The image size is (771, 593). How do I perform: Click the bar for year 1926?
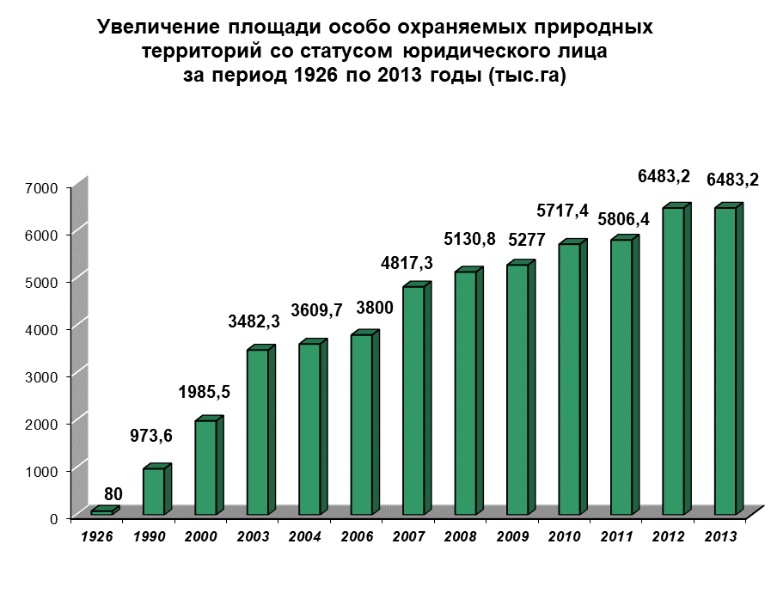[x=105, y=510]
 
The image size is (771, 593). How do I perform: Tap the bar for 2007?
[x=417, y=398]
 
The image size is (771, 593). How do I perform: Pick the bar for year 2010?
[x=572, y=377]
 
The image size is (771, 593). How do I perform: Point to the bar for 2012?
[x=676, y=359]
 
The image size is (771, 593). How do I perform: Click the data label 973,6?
[x=151, y=435]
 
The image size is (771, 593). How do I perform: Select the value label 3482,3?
[x=254, y=321]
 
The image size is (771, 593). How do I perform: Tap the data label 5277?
[x=527, y=240]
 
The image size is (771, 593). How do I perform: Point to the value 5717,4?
[x=562, y=211]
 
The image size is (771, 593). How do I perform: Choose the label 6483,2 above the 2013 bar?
[x=732, y=180]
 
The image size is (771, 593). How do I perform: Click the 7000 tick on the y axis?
[x=41, y=188]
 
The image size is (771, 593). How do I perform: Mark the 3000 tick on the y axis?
[x=41, y=376]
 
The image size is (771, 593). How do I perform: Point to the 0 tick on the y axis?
[x=53, y=518]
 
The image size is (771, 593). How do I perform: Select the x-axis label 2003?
[x=253, y=536]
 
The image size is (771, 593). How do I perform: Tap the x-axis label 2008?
[x=460, y=536]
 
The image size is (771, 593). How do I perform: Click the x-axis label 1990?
[x=149, y=536]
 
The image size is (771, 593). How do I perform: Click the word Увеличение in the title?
[x=158, y=27]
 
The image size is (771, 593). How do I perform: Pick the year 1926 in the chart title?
[x=315, y=76]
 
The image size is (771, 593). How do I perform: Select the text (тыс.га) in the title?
[x=528, y=76]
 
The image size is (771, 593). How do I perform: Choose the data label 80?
[x=113, y=493]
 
